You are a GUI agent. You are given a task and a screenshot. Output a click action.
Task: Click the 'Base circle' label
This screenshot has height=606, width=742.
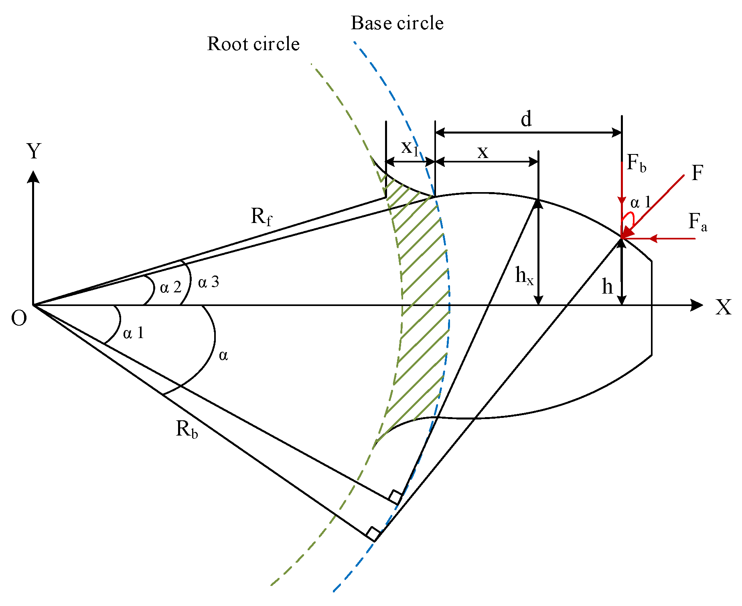(397, 23)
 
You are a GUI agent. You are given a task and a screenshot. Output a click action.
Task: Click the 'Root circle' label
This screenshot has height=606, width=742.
(253, 44)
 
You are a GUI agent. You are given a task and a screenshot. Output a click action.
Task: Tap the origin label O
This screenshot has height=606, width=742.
(19, 318)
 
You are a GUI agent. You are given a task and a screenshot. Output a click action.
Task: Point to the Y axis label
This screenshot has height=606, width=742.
(34, 152)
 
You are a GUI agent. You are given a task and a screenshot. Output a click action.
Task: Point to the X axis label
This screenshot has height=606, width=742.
(723, 307)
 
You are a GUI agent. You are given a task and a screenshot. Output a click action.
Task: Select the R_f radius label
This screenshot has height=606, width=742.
(261, 217)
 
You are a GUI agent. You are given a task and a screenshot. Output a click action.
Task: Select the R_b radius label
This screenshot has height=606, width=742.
(187, 429)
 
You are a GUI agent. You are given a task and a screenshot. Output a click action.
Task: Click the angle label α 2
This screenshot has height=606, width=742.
(170, 287)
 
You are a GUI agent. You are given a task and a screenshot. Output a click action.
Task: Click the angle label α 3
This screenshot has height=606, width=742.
(209, 282)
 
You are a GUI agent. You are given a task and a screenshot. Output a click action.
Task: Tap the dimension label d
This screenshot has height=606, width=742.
(526, 120)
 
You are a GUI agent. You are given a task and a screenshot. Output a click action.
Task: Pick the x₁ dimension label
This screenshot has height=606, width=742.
(410, 148)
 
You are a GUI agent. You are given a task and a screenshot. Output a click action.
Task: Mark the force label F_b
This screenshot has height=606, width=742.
(637, 163)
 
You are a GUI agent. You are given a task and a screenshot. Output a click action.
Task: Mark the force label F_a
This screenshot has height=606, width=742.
(697, 222)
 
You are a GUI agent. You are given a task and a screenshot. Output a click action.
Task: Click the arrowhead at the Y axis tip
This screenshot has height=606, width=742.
(33, 176)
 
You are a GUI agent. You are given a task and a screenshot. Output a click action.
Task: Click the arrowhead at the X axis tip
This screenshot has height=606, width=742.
(697, 305)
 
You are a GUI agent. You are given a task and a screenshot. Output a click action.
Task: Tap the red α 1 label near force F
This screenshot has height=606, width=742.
(641, 203)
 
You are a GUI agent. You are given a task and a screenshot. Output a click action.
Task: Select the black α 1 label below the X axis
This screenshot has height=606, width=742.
(133, 333)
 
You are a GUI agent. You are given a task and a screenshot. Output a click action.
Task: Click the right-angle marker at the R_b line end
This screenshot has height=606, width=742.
(373, 534)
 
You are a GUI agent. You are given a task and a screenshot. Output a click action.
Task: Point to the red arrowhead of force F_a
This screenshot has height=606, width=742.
(653, 239)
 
